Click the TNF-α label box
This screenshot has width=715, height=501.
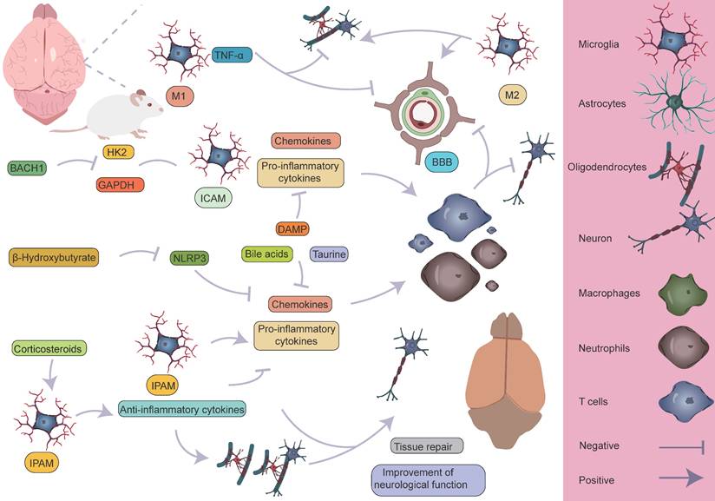coord(228,56)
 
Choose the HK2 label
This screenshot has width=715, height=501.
coord(114,153)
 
